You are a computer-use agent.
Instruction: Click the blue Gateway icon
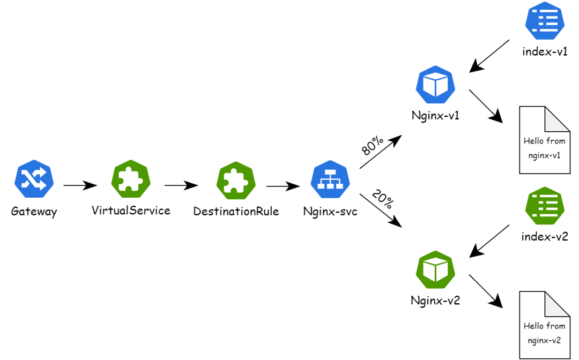pos(34,179)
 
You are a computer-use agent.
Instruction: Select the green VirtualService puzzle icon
pos(131,179)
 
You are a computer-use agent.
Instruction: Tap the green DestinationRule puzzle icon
pos(236,181)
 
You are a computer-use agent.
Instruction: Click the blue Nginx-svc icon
pos(330,179)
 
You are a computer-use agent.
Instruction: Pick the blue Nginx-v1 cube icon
pos(435,85)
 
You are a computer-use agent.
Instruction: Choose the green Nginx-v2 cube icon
pos(435,270)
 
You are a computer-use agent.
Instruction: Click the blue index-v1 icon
pos(545,21)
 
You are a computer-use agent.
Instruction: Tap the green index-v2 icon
pos(545,206)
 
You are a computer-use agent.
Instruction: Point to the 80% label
pos(372,145)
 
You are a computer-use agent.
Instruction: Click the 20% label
pos(383,199)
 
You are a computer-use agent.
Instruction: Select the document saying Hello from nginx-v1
pos(545,140)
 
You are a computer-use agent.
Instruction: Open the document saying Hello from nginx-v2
pos(545,325)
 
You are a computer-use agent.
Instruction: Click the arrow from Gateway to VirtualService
pos(80,185)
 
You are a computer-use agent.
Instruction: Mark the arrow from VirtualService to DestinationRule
pos(181,185)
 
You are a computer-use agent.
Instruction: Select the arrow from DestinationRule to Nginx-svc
pos(283,186)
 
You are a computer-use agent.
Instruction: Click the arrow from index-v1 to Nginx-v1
pos(489,56)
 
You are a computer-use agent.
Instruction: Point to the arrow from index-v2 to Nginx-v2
pos(489,241)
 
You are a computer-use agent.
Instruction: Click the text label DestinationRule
pos(236,212)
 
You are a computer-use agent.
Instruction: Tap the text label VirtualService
pos(131,211)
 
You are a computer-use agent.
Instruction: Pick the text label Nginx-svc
pos(330,212)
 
